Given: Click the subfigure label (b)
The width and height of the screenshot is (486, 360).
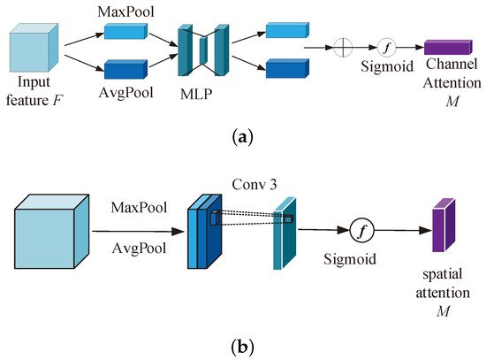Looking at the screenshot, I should point(243,347).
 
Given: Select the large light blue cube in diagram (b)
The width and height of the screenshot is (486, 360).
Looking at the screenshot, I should point(51,234).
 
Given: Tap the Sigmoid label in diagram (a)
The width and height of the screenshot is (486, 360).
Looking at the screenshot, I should point(385,71).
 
